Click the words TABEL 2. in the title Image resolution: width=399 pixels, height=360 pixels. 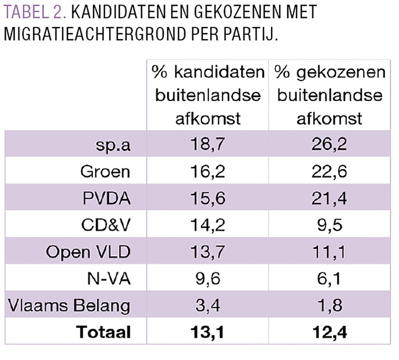coord(34,12)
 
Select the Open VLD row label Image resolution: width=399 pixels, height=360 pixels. coord(88,252)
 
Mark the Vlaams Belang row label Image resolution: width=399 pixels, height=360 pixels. coord(69,305)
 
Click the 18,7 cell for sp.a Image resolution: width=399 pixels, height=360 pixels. coord(207,144)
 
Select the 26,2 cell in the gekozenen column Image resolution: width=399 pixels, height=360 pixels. coord(330,144)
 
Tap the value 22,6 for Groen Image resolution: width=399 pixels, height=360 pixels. coord(330,171)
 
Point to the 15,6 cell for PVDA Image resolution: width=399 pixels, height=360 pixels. coord(207,198)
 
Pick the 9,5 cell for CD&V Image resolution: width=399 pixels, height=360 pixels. coord(330,225)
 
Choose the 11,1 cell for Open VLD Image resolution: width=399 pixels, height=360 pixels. coord(330,252)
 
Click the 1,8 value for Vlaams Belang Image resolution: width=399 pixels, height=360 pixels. coord(330,305)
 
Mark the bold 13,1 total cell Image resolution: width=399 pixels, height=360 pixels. coord(207,332)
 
